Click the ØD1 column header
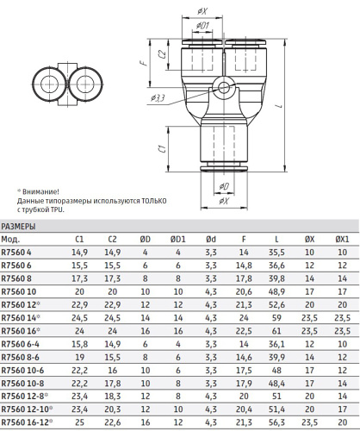(x=178, y=240)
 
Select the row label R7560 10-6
(x=22, y=371)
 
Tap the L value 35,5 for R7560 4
(x=276, y=253)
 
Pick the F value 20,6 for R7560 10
(x=244, y=291)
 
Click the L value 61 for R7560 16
(x=276, y=331)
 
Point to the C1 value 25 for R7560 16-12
(x=79, y=422)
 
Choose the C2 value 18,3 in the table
(x=113, y=397)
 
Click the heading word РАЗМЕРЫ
(x=18, y=227)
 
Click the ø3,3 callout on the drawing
(x=158, y=98)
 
